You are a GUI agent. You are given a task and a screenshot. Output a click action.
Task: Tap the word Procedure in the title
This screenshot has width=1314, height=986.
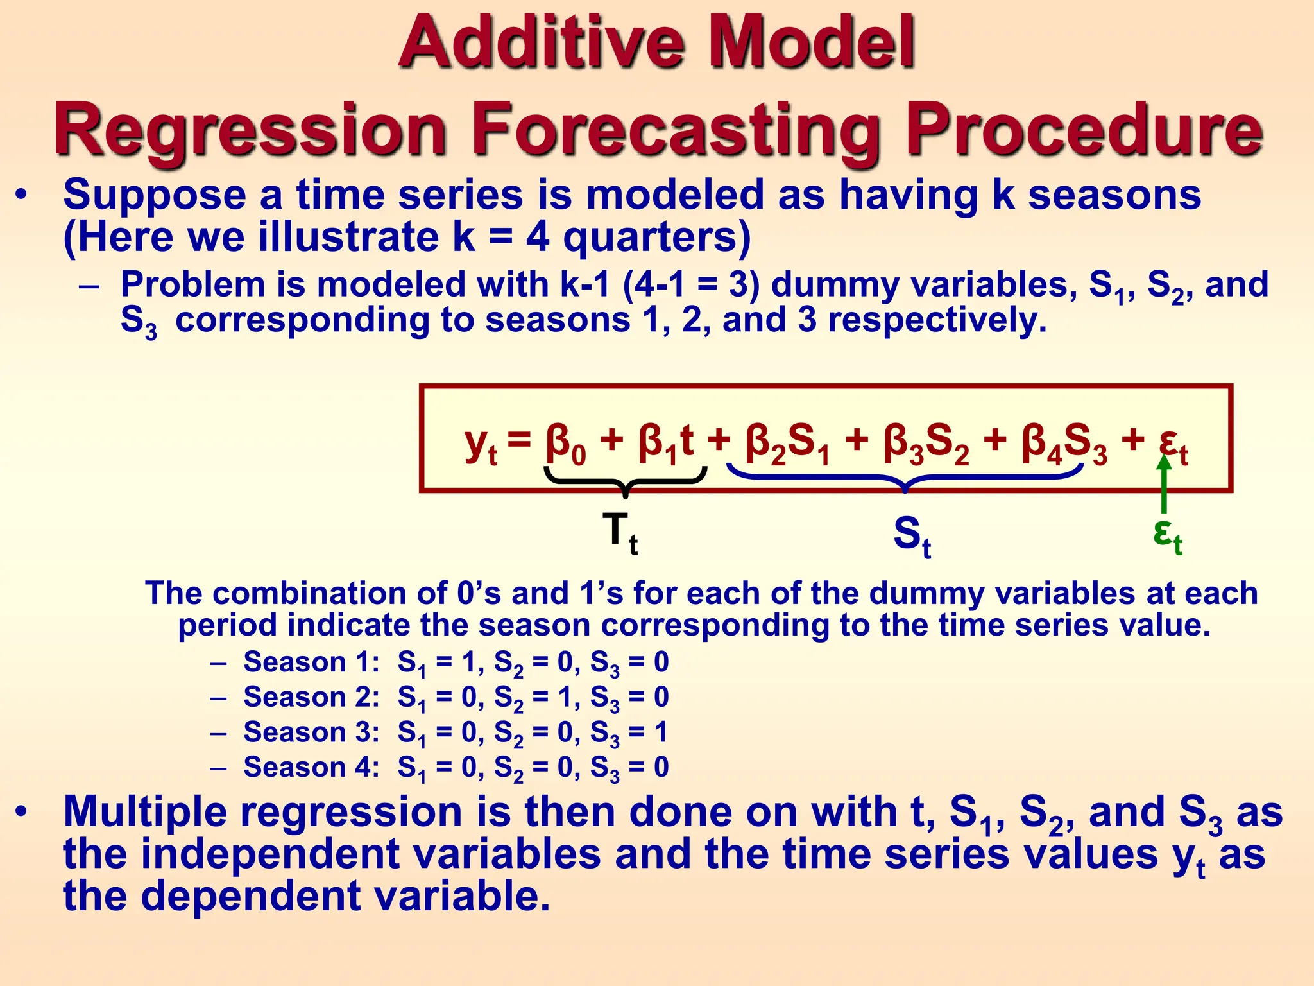pos(1084,130)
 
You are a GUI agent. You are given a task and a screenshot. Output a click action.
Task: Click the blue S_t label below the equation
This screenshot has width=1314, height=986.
pos(912,537)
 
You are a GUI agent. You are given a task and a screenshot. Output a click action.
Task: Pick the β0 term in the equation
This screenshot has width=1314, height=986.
pos(565,444)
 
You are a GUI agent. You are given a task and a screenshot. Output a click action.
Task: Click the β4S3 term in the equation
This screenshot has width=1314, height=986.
pos(1065,444)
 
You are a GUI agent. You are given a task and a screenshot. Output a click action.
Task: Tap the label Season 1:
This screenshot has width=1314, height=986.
pos(312,662)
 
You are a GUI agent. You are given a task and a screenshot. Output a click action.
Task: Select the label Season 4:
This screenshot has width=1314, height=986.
pos(312,767)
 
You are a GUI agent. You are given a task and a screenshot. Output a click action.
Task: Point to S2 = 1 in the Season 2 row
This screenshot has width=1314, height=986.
pos(533,698)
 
